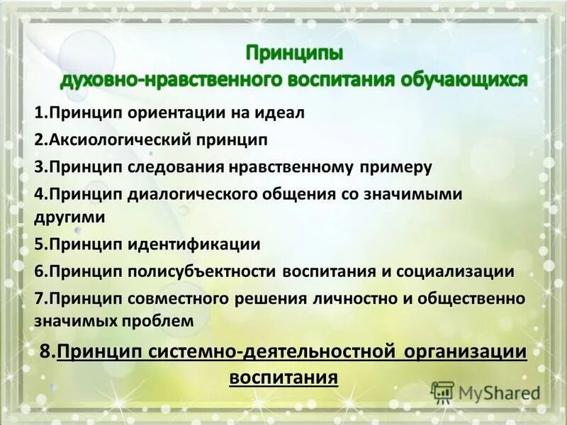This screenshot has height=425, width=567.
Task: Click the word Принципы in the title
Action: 294,53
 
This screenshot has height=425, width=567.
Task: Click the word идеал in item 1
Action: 283,113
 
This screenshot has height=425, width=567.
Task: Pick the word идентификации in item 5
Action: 193,244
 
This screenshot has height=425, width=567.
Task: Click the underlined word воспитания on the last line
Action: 283,375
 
